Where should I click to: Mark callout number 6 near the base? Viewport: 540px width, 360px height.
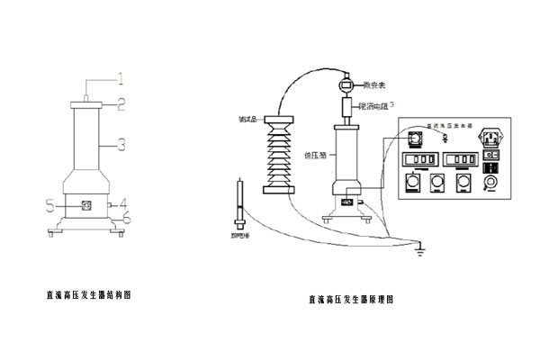[x=127, y=217]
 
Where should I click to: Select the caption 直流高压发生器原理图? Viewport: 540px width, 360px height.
[x=351, y=299]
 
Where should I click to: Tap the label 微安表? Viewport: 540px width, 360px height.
[x=372, y=86]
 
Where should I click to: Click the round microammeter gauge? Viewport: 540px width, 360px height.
[x=346, y=86]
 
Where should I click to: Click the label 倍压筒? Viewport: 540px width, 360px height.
[x=316, y=153]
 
